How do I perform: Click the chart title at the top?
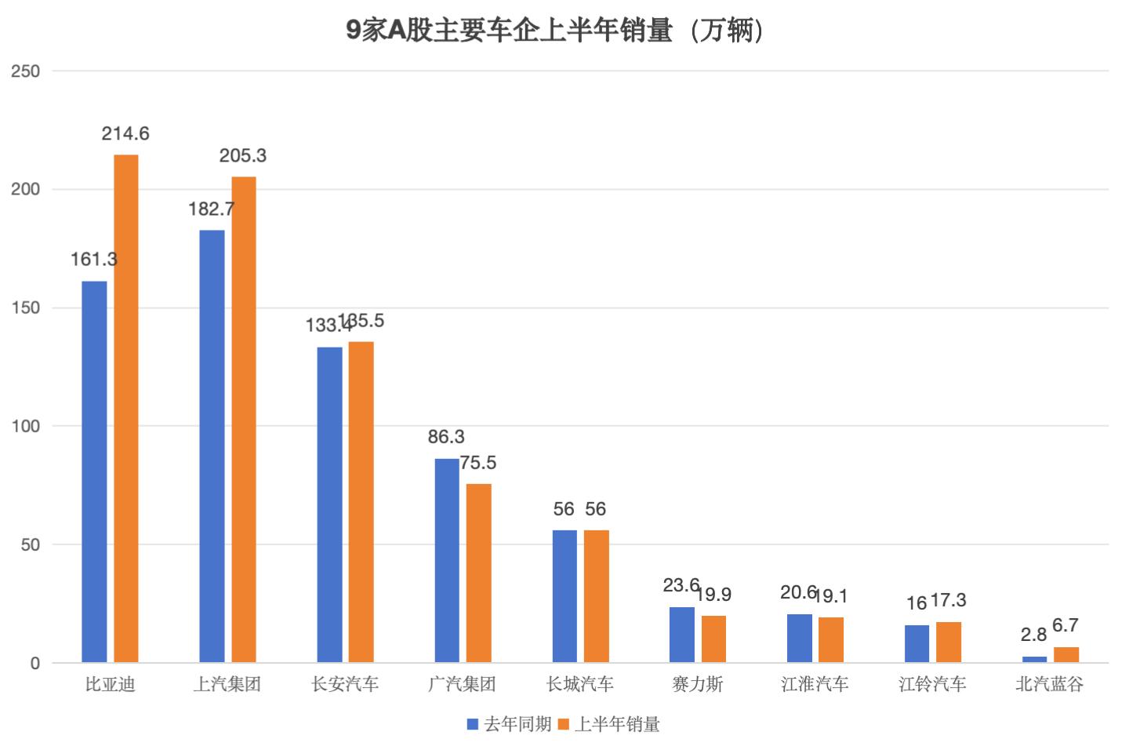point(555,31)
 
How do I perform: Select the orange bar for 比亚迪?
point(126,408)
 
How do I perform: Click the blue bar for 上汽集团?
point(212,446)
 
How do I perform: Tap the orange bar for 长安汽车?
point(361,502)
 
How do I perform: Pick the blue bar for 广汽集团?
point(447,560)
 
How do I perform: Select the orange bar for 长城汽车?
point(597,596)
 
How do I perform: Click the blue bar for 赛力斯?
point(682,635)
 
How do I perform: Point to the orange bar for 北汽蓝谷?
point(1066,655)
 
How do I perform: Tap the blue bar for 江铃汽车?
point(917,644)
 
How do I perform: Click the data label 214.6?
point(125,134)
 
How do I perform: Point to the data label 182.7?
point(211,209)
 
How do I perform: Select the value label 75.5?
point(478,463)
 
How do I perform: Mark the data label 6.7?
point(1065,625)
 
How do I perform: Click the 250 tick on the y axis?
point(25,71)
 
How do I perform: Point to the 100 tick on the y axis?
point(25,426)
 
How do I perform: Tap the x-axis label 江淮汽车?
point(815,685)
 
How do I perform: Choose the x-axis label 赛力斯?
point(697,685)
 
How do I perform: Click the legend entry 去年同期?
point(510,724)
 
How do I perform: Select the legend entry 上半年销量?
point(609,724)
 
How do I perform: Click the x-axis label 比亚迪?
point(110,685)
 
